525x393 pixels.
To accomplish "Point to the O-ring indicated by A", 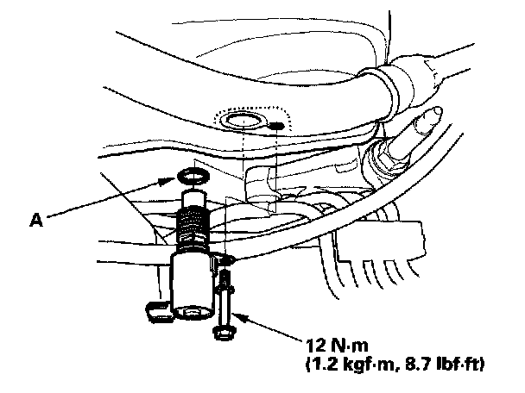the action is tap(191, 178).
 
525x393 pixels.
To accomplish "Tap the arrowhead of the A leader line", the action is tap(174, 183).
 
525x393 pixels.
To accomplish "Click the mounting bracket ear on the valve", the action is tap(225, 259).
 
